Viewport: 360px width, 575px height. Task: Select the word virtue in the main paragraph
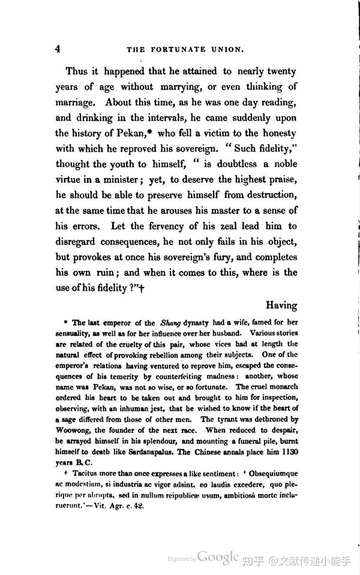(72, 179)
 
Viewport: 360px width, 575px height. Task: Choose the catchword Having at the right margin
(281, 306)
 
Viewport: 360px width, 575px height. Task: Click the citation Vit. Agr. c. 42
(128, 505)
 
